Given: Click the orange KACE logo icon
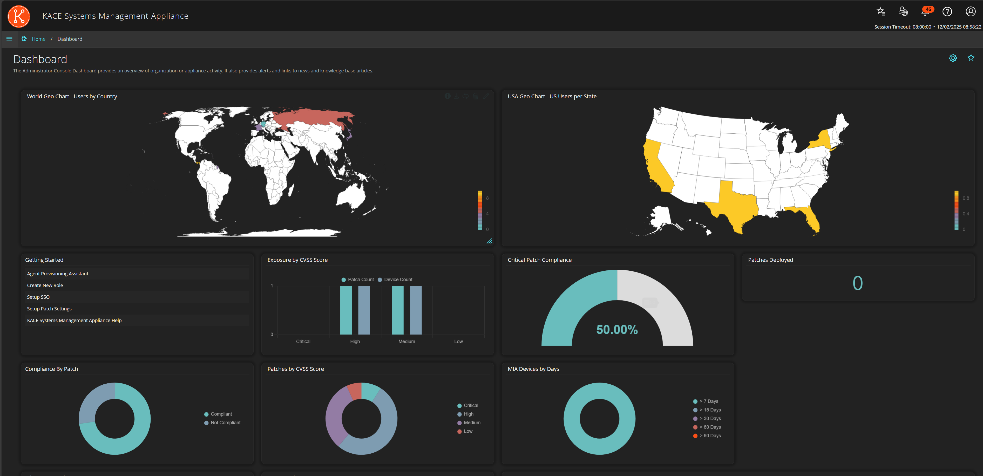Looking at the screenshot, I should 19,16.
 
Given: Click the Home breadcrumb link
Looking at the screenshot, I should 38,39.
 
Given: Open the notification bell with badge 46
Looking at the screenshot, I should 925,12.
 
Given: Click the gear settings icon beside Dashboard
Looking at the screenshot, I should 953,58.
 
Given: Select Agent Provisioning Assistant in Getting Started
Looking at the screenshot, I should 58,274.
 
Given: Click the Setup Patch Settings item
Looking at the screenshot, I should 49,309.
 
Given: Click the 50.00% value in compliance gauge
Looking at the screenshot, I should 617,330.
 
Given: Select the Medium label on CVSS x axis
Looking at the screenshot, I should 406,341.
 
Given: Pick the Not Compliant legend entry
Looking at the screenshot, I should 225,423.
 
